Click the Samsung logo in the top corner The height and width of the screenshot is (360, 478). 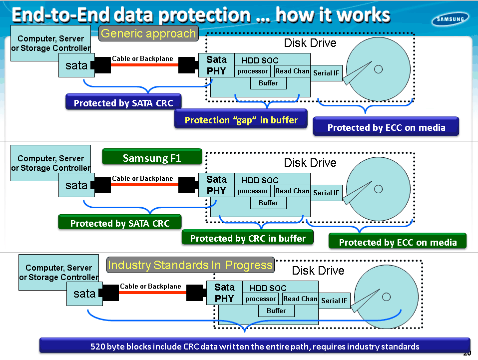pyautogui.click(x=450, y=19)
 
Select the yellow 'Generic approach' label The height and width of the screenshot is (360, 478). pyautogui.click(x=148, y=34)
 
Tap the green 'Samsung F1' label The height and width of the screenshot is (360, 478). pyautogui.click(x=152, y=159)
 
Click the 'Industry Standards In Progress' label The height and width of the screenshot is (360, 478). pyautogui.click(x=190, y=265)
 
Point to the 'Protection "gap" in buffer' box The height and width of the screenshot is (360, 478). pyautogui.click(x=241, y=120)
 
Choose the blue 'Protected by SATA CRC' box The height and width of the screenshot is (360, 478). pyautogui.click(x=123, y=103)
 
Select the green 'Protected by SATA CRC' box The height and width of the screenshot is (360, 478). pyautogui.click(x=120, y=223)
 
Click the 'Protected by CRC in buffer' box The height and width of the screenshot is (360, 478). pyautogui.click(x=248, y=238)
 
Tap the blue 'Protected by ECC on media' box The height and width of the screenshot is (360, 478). pyautogui.click(x=386, y=127)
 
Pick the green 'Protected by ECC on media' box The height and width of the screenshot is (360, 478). pyautogui.click(x=398, y=242)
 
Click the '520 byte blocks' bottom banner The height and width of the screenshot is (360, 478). pyautogui.click(x=255, y=346)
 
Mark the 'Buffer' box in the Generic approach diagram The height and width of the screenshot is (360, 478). pyautogui.click(x=268, y=83)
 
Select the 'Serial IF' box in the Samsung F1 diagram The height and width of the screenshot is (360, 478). pyautogui.click(x=326, y=193)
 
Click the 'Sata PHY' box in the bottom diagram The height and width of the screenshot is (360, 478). pyautogui.click(x=224, y=293)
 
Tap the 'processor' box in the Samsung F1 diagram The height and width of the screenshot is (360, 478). pyautogui.click(x=252, y=191)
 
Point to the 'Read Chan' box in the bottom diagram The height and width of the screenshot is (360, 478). pyautogui.click(x=300, y=299)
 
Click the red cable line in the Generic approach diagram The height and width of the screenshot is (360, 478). pyautogui.click(x=145, y=65)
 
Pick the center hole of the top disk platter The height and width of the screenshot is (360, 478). pyautogui.click(x=378, y=69)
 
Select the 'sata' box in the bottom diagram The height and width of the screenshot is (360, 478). pyautogui.click(x=84, y=294)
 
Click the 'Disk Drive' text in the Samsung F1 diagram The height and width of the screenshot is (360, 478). pyautogui.click(x=310, y=163)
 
